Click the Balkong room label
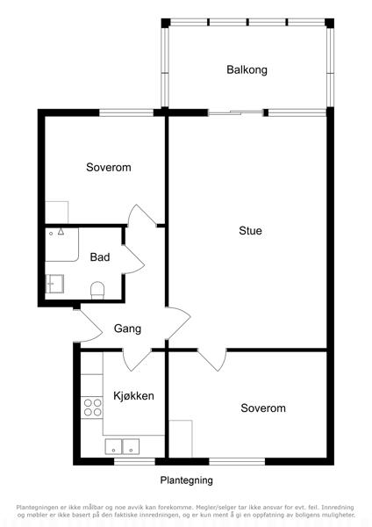(247, 70)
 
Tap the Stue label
(250, 230)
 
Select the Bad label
(100, 257)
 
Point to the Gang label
(127, 328)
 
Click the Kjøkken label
(133, 395)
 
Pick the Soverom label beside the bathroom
(109, 167)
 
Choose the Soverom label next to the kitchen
(263, 408)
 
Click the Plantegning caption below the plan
(186, 480)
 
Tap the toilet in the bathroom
(97, 290)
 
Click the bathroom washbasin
(54, 284)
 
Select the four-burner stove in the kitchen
(92, 407)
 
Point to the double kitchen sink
(122, 447)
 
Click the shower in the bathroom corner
(61, 244)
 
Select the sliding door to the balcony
(235, 112)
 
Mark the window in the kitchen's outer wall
(134, 461)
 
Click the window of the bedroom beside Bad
(126, 112)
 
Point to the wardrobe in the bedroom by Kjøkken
(180, 438)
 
